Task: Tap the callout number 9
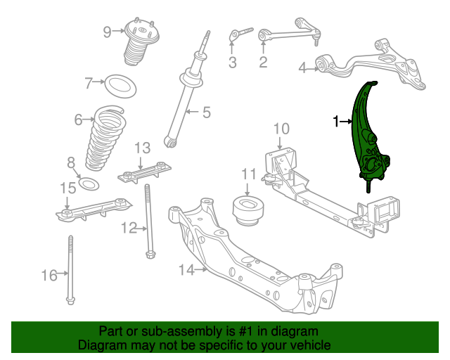point(107,32)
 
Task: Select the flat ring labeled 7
point(120,86)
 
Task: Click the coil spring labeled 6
point(105,138)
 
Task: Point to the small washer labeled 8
point(89,184)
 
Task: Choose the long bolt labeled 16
point(70,270)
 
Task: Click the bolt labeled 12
point(148,221)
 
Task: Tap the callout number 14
point(186,270)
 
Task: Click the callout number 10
point(281,129)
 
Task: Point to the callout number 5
point(207,112)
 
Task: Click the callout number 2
point(263,63)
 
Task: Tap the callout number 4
point(302,68)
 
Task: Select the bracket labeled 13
point(144,172)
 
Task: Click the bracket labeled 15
point(94,210)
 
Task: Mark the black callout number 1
point(336,122)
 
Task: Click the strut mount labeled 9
point(141,41)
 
